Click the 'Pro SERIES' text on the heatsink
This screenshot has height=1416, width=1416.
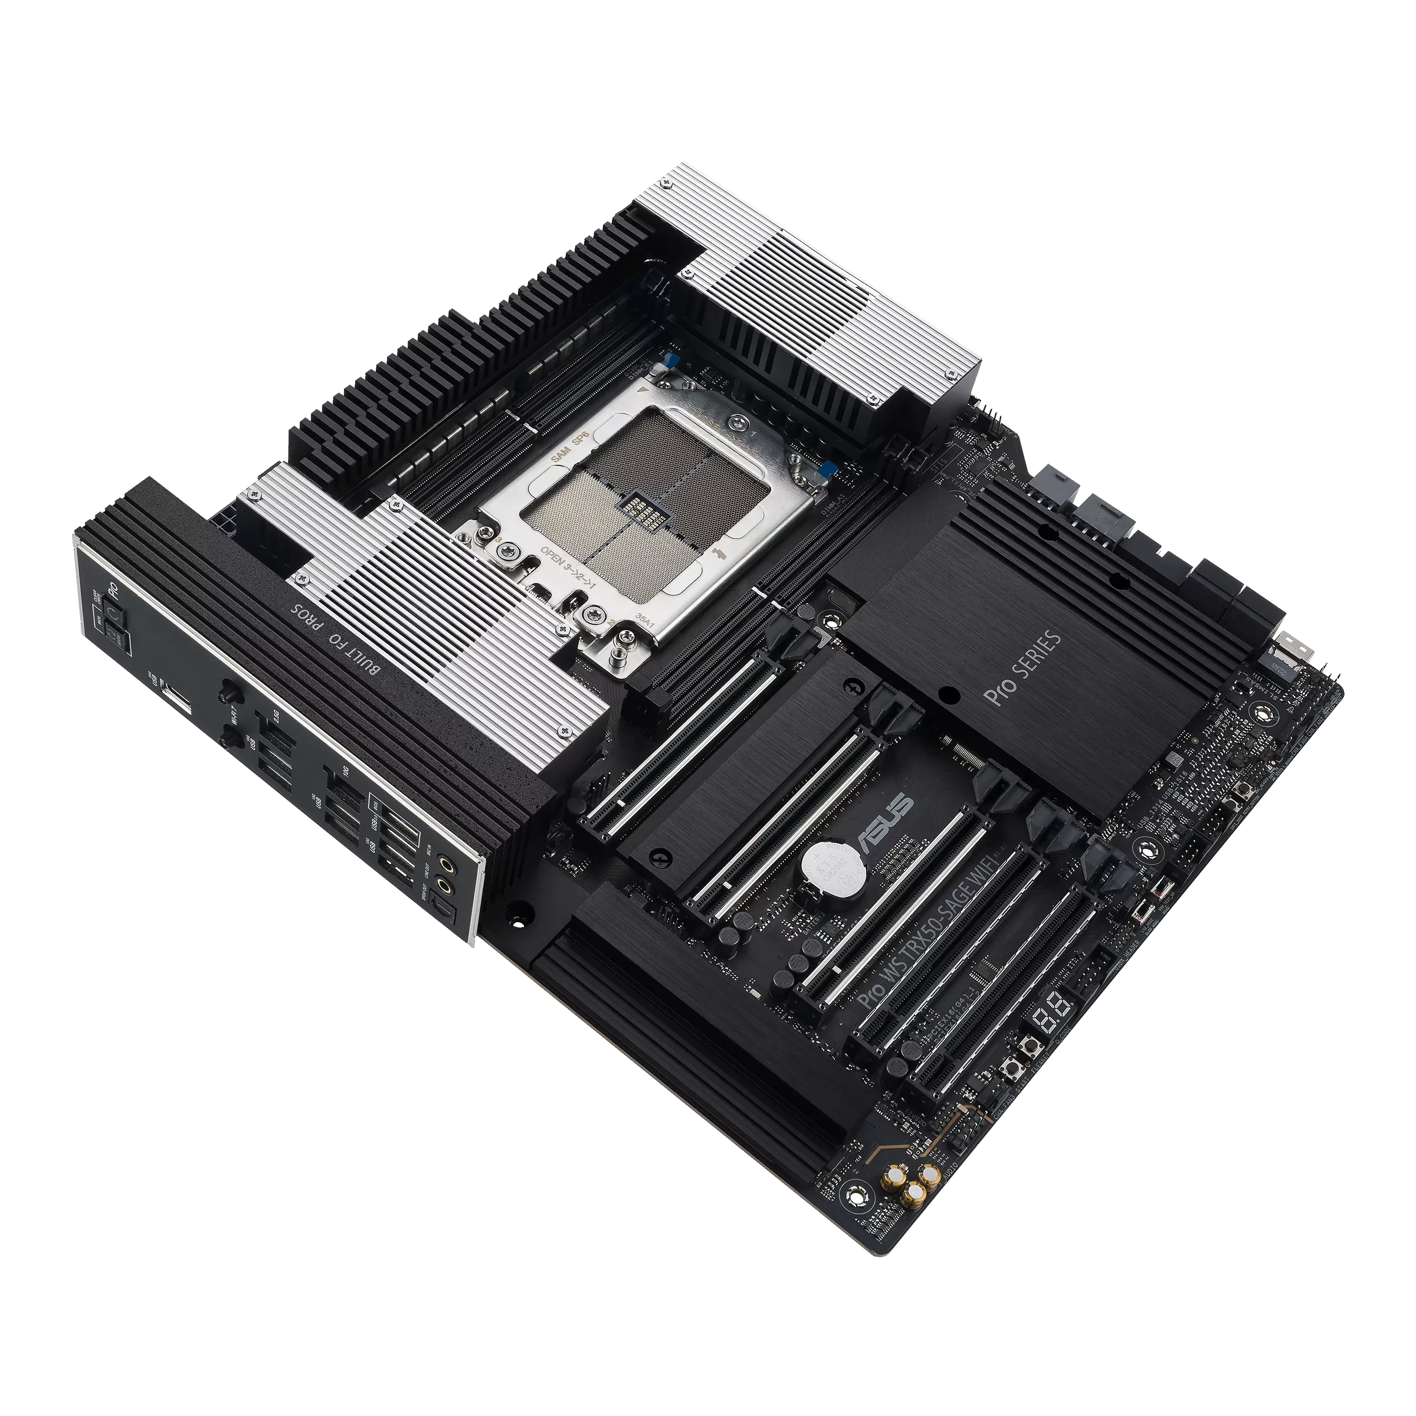pos(1024,666)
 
